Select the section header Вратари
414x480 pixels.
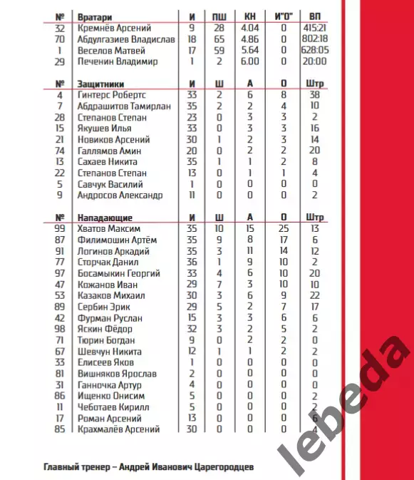[96, 16]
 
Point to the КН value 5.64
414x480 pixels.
[250, 51]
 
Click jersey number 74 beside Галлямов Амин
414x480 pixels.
[60, 150]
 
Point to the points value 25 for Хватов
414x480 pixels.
[283, 229]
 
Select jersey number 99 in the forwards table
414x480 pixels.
[60, 229]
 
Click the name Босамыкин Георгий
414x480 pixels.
[120, 273]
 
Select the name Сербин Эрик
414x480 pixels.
[105, 307]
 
